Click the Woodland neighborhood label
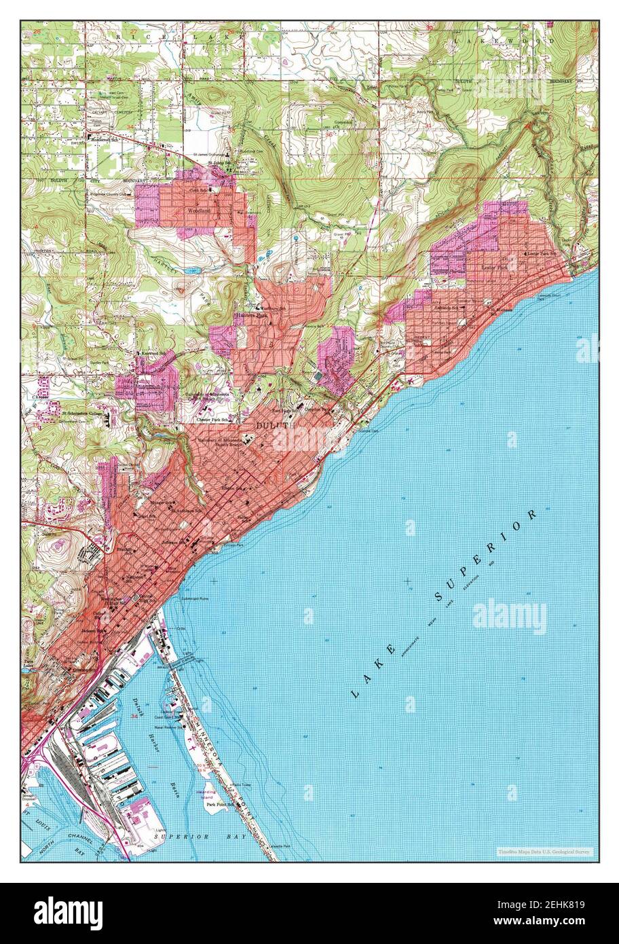[x=199, y=211]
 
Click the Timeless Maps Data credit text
[x=544, y=851]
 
